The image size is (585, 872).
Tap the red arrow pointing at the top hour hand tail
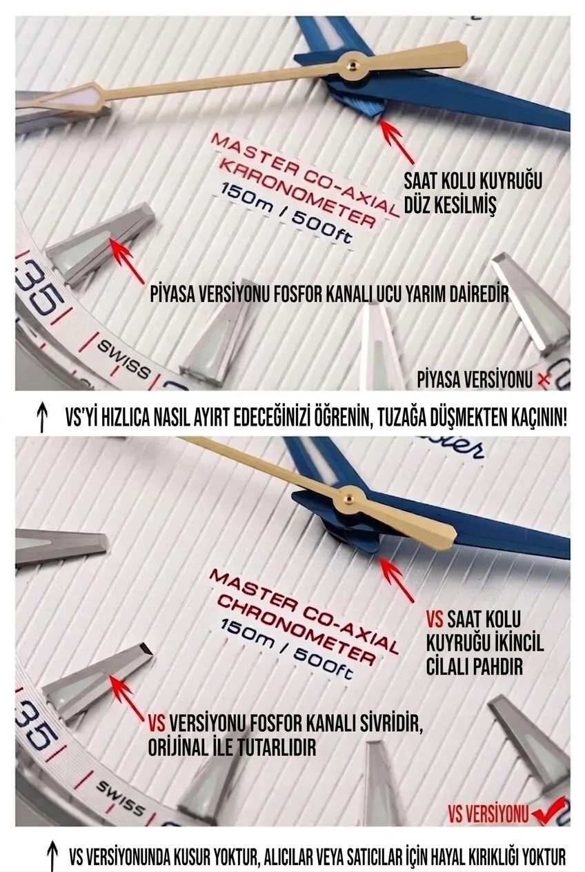point(397,141)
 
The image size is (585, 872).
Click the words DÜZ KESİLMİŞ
point(450,205)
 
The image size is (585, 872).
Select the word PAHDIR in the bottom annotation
point(474,666)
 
